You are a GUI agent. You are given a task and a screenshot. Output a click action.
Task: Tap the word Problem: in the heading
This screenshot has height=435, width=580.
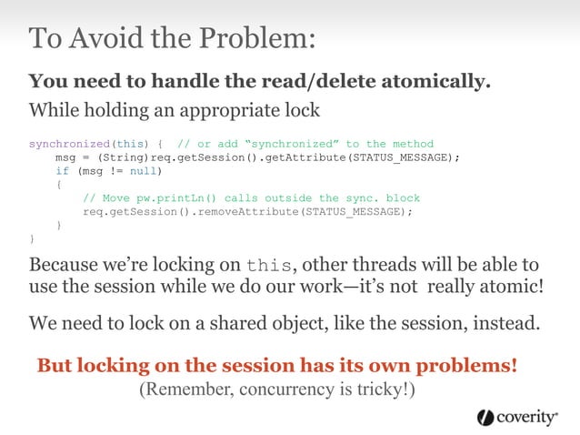264,39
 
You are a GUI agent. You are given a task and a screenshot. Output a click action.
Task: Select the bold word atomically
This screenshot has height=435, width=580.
431,82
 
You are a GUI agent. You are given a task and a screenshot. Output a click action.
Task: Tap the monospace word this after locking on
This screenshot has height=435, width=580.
270,266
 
